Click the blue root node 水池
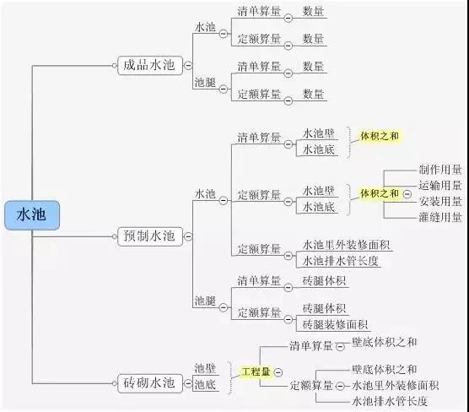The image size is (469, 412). point(32,215)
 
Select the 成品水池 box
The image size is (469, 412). point(150,65)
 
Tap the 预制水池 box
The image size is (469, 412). point(150,236)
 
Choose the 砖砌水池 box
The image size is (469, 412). point(150,383)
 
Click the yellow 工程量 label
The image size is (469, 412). point(256,371)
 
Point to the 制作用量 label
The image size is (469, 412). point(440,170)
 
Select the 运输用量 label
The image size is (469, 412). point(440,186)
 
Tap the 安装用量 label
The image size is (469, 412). point(440,201)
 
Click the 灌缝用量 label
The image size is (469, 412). point(440,217)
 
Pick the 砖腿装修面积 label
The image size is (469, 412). point(335,324)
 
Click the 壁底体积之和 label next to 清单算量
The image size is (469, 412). point(385,342)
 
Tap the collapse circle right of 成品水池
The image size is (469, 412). point(188,65)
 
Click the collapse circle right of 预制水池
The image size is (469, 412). point(188,236)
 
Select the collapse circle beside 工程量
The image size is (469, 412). point(278,372)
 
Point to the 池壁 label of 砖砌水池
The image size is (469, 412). point(205,368)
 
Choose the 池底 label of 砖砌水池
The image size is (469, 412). point(205,384)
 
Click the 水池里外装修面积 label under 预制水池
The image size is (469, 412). point(346,245)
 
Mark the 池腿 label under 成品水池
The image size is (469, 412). point(205,83)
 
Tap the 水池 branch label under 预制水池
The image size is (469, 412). point(205,194)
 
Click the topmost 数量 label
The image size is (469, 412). point(313,11)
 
